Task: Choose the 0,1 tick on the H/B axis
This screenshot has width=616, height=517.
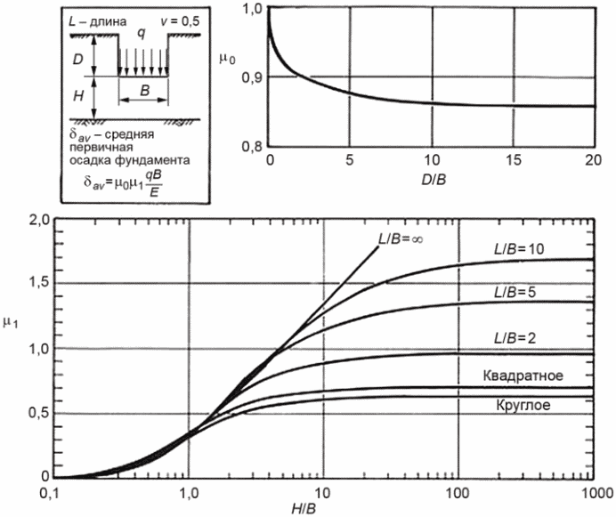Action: [53, 492]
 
